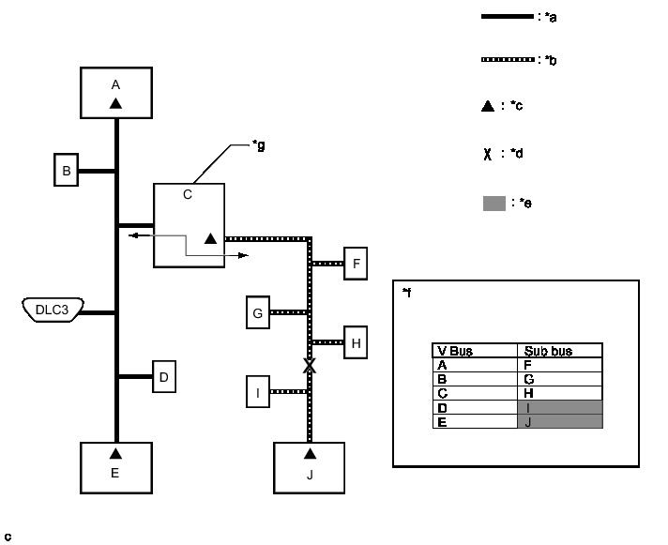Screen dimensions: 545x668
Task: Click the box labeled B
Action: [66, 171]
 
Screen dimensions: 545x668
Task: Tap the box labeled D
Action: [163, 377]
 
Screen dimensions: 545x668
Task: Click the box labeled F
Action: [357, 264]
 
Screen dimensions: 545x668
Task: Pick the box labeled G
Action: [257, 312]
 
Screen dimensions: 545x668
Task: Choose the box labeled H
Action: [357, 342]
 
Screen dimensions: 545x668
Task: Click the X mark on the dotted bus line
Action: [309, 366]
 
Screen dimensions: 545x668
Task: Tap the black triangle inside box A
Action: [115, 103]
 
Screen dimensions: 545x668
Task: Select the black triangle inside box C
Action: [210, 239]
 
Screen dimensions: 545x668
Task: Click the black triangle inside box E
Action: [115, 455]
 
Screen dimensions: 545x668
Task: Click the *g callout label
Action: [258, 145]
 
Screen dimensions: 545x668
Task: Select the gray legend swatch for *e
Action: [494, 203]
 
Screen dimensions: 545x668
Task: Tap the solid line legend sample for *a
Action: [507, 17]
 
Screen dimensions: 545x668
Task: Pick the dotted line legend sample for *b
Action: [507, 59]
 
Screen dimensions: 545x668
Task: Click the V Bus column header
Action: [475, 351]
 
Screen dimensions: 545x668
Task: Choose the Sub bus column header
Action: [559, 351]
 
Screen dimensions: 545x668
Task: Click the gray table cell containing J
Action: [559, 422]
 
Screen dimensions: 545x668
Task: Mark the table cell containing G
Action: [559, 379]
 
